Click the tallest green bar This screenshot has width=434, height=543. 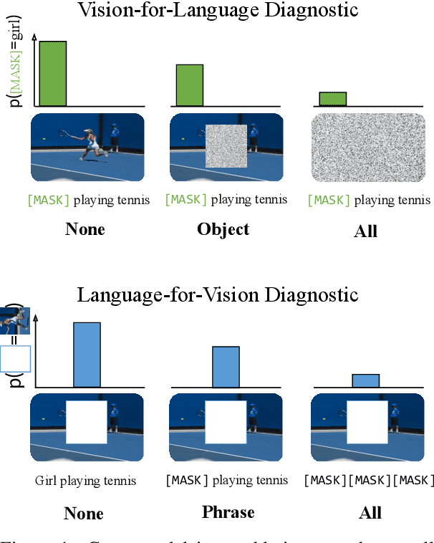[x=52, y=74]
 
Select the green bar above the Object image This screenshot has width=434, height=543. [x=190, y=86]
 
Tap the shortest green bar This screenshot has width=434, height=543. [x=332, y=99]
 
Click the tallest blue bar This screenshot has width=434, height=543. [x=87, y=355]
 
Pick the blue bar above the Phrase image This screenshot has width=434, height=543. [x=226, y=367]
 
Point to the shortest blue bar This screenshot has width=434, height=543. [x=365, y=380]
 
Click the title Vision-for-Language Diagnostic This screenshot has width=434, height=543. [x=217, y=11]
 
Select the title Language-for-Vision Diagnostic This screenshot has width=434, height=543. [x=217, y=294]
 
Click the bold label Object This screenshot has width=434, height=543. [x=223, y=229]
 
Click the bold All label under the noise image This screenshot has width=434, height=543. [x=365, y=231]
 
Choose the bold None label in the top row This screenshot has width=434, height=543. [x=85, y=229]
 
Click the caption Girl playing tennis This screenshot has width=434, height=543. [x=85, y=480]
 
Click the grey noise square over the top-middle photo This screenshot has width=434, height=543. [x=226, y=147]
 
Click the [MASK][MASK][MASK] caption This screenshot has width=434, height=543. [x=368, y=480]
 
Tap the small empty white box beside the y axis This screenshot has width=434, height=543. [x=15, y=359]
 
